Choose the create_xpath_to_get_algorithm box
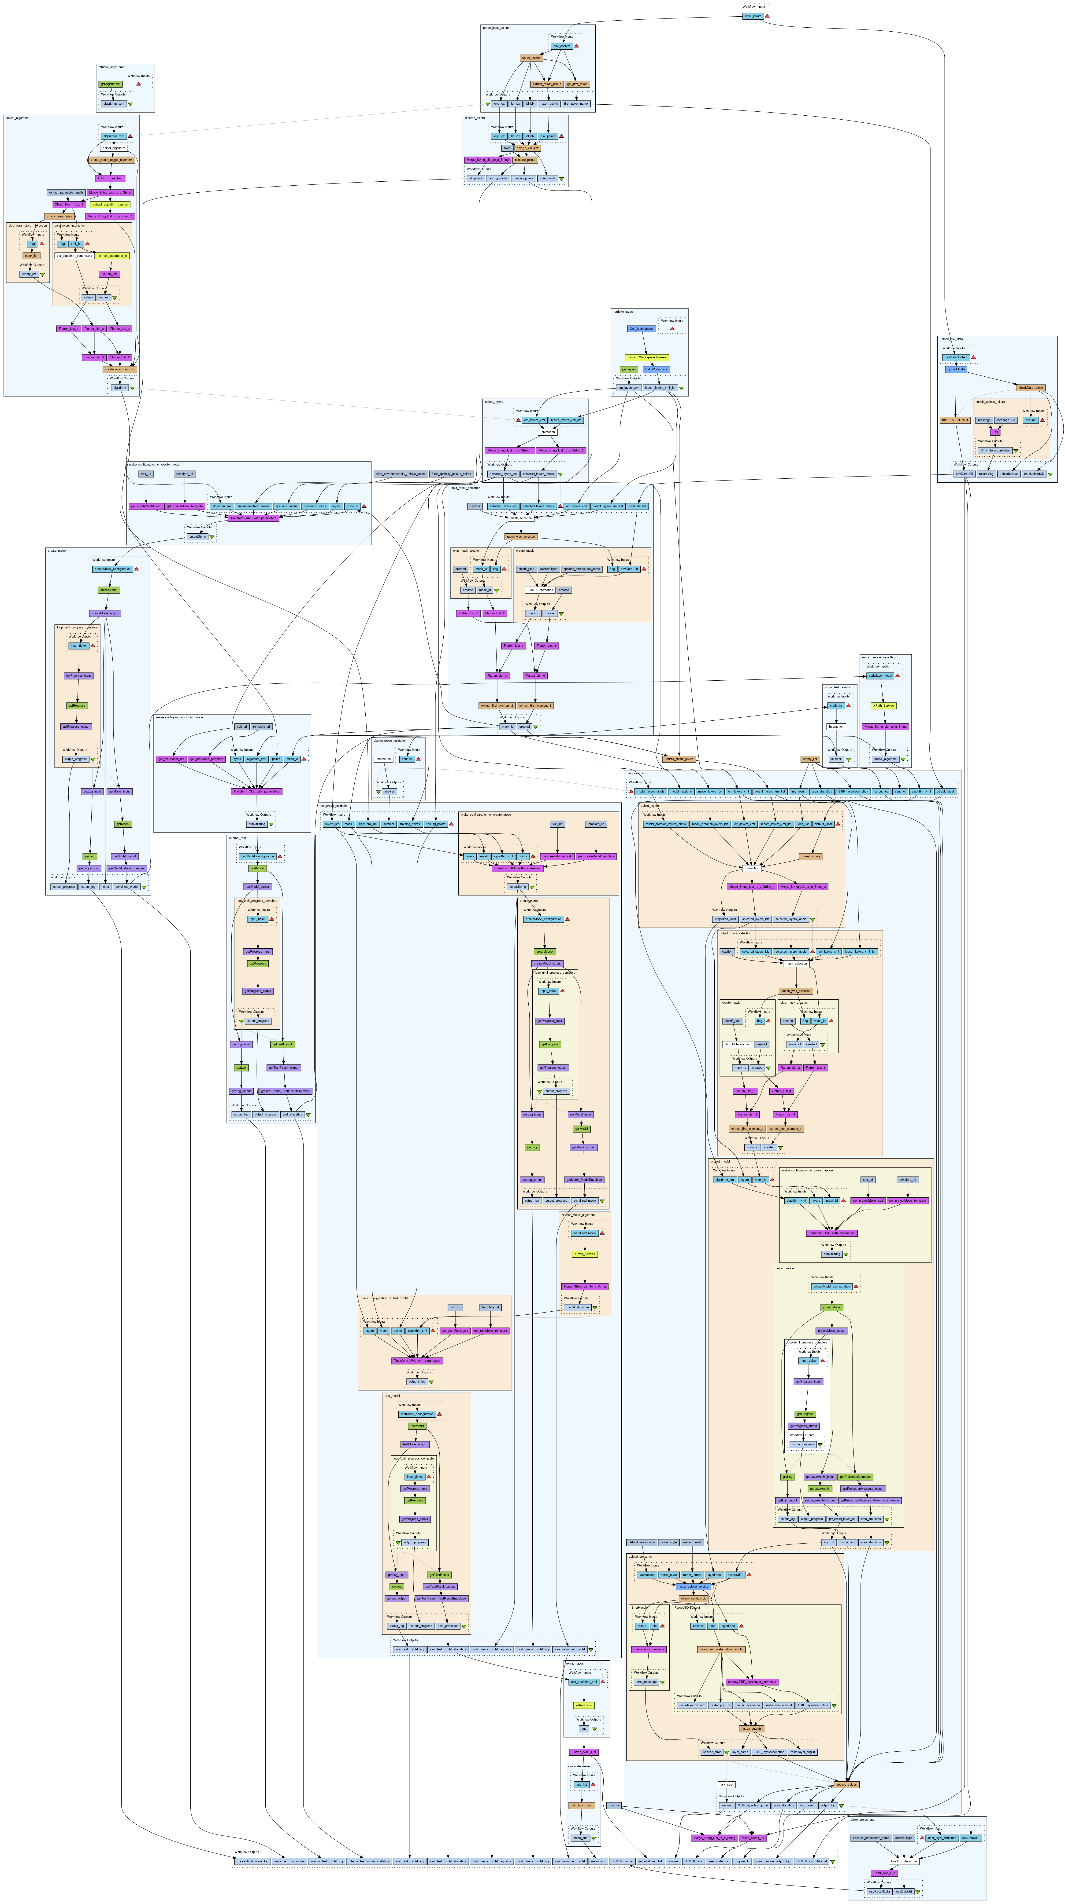pos(112,159)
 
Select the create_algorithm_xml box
pos(120,369)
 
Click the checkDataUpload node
pos(1030,387)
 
